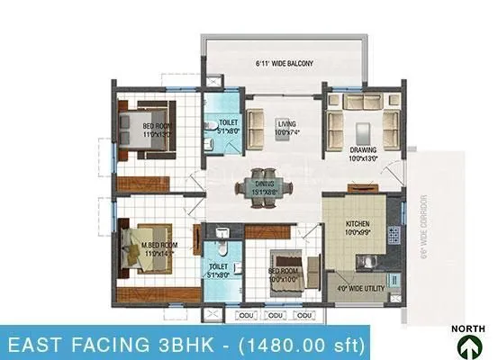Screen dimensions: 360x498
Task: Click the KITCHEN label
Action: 359,226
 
